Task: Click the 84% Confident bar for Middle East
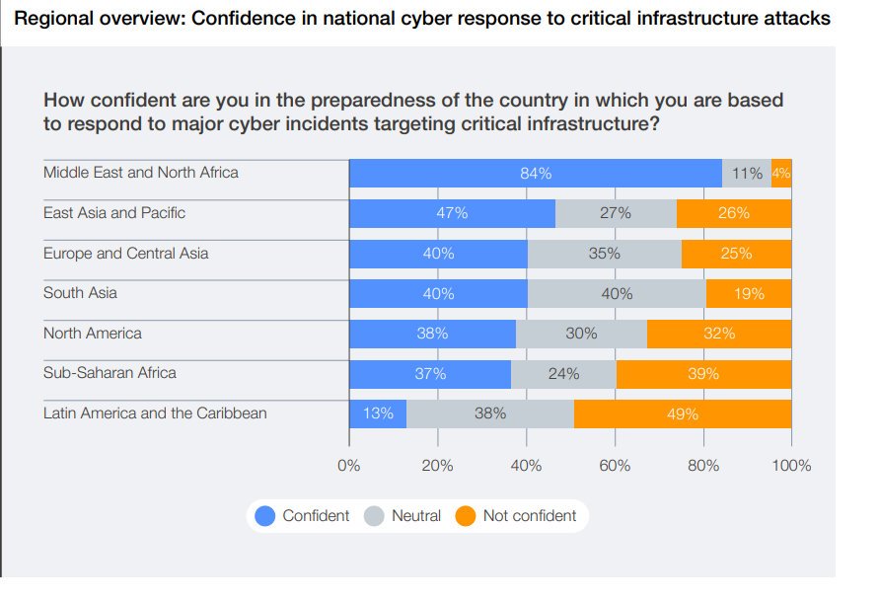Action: pyautogui.click(x=536, y=174)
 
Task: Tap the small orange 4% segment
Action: pyautogui.click(x=781, y=174)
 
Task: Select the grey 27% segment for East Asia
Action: pyautogui.click(x=616, y=213)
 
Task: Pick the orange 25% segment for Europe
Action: pyautogui.click(x=736, y=254)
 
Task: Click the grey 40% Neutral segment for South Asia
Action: pyautogui.click(x=617, y=294)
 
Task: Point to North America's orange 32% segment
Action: pyautogui.click(x=719, y=334)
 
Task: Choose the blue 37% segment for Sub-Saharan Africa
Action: pyautogui.click(x=430, y=374)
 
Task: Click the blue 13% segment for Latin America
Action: pyautogui.click(x=378, y=413)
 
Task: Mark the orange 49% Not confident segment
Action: pyautogui.click(x=683, y=413)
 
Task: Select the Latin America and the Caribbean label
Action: pyautogui.click(x=155, y=412)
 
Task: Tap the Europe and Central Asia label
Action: pyautogui.click(x=125, y=253)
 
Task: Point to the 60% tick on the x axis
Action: pyautogui.click(x=615, y=466)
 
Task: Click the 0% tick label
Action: pyautogui.click(x=349, y=466)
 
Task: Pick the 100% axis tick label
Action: pyautogui.click(x=791, y=466)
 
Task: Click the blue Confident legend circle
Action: pyautogui.click(x=265, y=516)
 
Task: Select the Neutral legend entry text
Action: pyautogui.click(x=415, y=516)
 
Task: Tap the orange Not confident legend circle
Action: pyautogui.click(x=466, y=516)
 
